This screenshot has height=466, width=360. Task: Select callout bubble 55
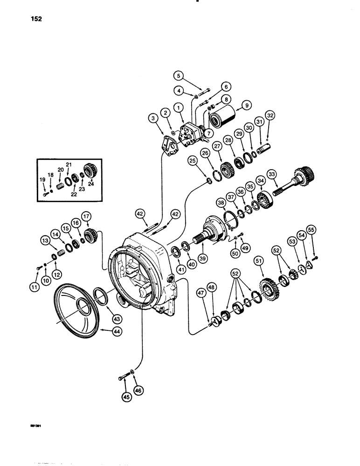click(312, 230)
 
